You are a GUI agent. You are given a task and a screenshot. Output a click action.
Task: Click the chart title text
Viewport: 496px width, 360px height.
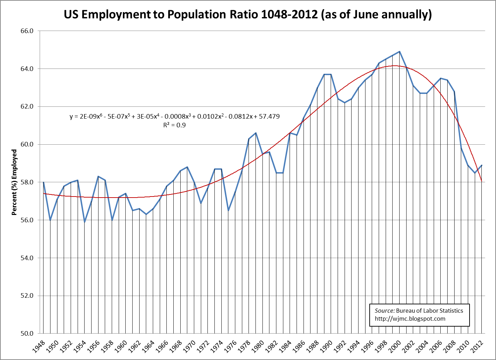pos(247,15)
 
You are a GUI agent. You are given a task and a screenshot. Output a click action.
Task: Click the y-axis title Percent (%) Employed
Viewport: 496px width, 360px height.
pos(14,182)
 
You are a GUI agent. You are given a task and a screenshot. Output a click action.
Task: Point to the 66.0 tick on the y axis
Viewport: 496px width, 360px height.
pos(27,31)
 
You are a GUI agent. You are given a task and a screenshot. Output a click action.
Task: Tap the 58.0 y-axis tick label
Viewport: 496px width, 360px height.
pos(27,182)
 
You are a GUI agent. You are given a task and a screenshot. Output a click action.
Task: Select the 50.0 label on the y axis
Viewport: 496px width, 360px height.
pos(27,334)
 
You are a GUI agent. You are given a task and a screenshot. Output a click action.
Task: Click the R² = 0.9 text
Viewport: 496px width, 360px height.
pos(174,125)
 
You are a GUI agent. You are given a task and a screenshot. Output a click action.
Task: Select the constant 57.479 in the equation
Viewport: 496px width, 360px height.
pos(269,117)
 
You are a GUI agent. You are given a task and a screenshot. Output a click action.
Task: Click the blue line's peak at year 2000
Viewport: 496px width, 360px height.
pos(399,51)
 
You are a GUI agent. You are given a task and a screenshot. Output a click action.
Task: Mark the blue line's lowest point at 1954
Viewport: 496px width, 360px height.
pos(85,222)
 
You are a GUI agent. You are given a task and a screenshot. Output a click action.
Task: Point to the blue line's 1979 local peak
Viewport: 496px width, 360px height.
pos(256,133)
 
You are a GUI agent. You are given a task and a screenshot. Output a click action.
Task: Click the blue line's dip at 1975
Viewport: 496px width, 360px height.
pos(228,210)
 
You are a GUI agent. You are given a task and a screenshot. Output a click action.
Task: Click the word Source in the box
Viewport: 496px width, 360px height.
pos(384,311)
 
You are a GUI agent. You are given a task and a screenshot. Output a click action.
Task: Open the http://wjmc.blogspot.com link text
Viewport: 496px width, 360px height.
pos(410,319)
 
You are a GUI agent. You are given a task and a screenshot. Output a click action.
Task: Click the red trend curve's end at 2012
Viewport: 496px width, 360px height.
pos(481,181)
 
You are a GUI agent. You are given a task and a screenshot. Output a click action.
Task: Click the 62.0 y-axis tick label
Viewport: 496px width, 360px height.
pos(27,107)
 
